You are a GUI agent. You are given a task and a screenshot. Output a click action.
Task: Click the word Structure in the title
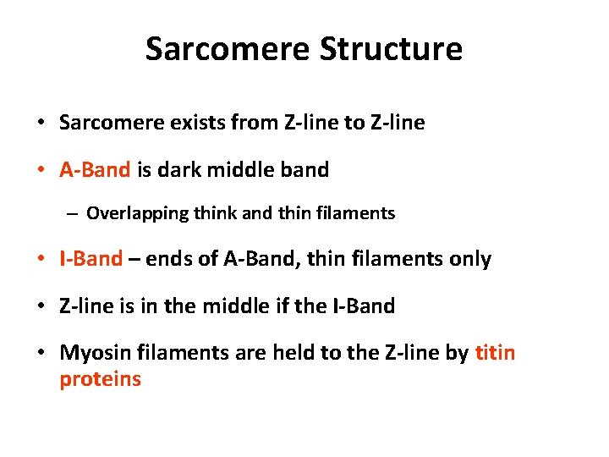[391, 48]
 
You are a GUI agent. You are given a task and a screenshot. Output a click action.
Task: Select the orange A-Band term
[95, 170]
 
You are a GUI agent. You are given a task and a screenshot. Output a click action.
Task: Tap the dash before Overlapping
[73, 213]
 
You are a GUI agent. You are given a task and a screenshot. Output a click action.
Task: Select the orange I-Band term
[91, 259]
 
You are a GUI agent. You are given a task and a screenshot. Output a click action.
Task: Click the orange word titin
[495, 352]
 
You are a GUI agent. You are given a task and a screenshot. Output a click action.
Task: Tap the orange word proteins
[100, 378]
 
